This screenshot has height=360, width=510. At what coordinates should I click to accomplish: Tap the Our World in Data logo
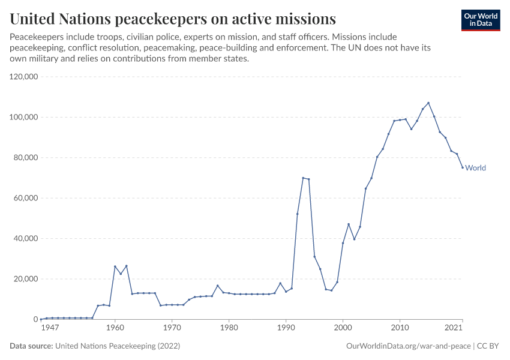(480, 20)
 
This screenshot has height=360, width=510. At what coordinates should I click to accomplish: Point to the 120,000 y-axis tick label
(24, 77)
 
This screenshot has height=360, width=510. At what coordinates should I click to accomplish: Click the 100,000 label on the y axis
(24, 117)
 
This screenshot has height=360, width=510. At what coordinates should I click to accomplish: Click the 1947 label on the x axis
(50, 328)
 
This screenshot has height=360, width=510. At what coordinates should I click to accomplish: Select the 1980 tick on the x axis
(229, 328)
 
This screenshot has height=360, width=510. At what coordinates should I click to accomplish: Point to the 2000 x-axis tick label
(343, 328)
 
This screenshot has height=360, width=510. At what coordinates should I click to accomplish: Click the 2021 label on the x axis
(454, 328)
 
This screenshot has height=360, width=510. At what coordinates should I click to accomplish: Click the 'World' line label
(476, 168)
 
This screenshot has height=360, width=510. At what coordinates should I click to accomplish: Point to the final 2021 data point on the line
(462, 167)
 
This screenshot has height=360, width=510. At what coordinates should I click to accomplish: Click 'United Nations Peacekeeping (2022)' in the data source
(118, 346)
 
